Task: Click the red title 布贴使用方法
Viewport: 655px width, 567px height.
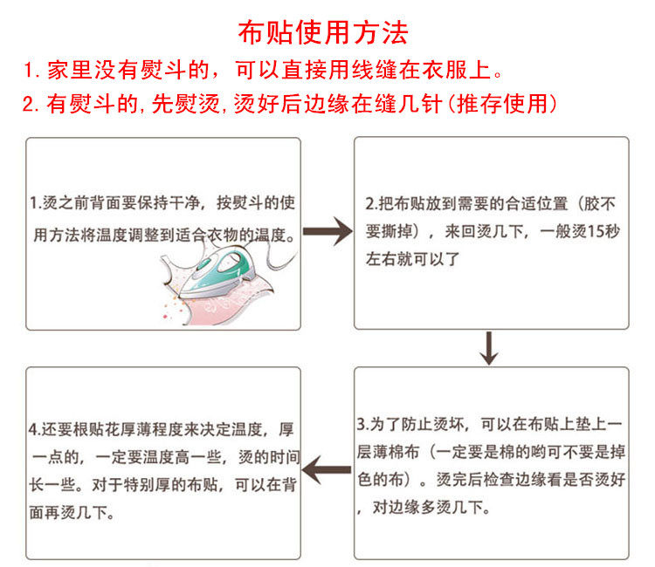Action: [323, 34]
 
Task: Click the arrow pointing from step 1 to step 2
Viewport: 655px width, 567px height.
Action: [327, 235]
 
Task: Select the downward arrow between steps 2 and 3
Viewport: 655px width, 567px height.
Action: [489, 349]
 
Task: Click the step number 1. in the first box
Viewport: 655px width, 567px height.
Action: [36, 204]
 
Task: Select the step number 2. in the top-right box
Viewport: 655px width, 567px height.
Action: [371, 204]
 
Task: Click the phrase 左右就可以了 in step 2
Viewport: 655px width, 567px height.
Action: [411, 259]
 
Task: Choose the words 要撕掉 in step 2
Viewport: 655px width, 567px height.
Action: [389, 233]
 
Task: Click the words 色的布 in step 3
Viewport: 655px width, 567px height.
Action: [383, 480]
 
